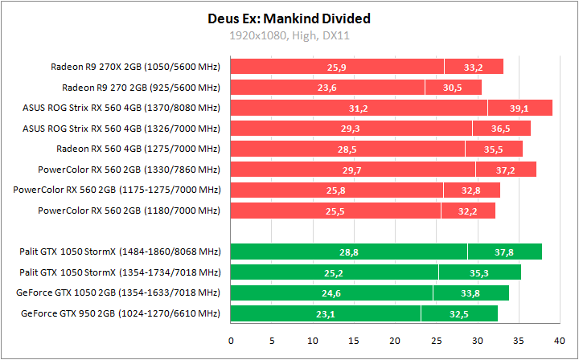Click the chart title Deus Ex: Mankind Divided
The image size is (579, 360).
pos(289,18)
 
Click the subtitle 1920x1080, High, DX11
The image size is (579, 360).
pos(289,35)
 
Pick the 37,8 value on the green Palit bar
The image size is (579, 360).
pos(504,252)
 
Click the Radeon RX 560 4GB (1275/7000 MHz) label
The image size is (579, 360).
pos(138,149)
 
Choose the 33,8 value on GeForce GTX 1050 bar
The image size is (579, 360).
pos(470,293)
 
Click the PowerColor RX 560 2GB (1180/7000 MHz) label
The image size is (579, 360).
pos(129,211)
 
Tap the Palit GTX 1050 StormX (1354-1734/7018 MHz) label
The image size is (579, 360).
pos(120,272)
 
